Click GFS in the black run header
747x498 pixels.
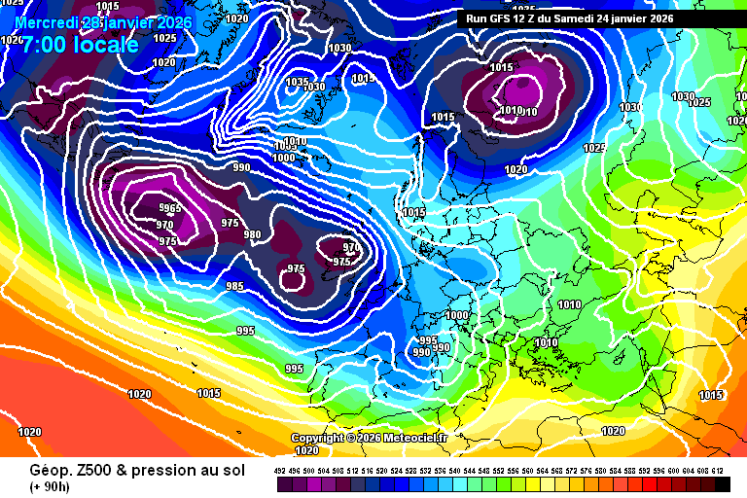coord(501,18)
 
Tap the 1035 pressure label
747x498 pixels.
coord(297,82)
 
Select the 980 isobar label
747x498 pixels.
coord(253,234)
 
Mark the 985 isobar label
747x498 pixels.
coord(235,286)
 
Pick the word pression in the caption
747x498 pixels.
coord(167,470)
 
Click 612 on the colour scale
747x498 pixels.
coord(718,470)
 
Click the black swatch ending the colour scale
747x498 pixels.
coord(722,483)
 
